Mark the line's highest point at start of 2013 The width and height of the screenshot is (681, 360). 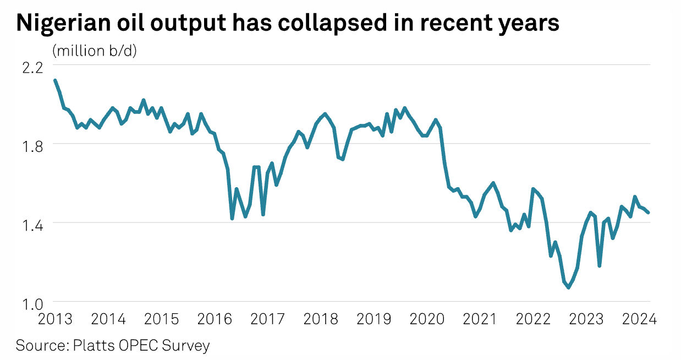[55, 80]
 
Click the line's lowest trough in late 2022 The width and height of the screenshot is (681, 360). [569, 287]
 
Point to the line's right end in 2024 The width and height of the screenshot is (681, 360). [649, 212]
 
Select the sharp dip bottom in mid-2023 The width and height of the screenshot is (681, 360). [599, 266]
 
